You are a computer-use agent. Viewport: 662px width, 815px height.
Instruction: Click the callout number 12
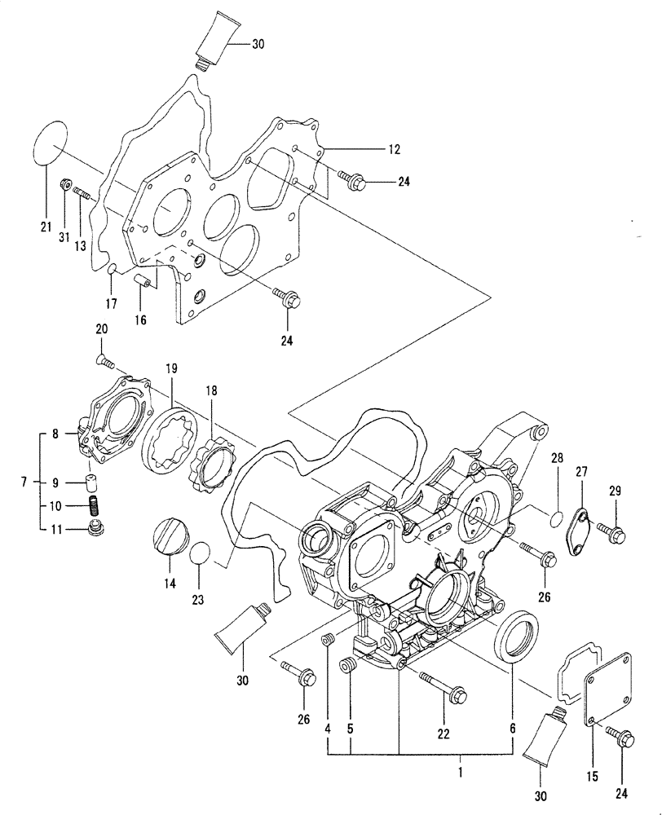tap(394, 149)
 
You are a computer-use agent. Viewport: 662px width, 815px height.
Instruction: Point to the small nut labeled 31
tap(66, 187)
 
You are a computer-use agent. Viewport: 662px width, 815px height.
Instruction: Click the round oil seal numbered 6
tap(517, 636)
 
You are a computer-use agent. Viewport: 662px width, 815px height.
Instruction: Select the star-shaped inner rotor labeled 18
tap(212, 469)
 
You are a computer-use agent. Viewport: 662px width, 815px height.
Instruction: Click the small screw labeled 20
tap(104, 359)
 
